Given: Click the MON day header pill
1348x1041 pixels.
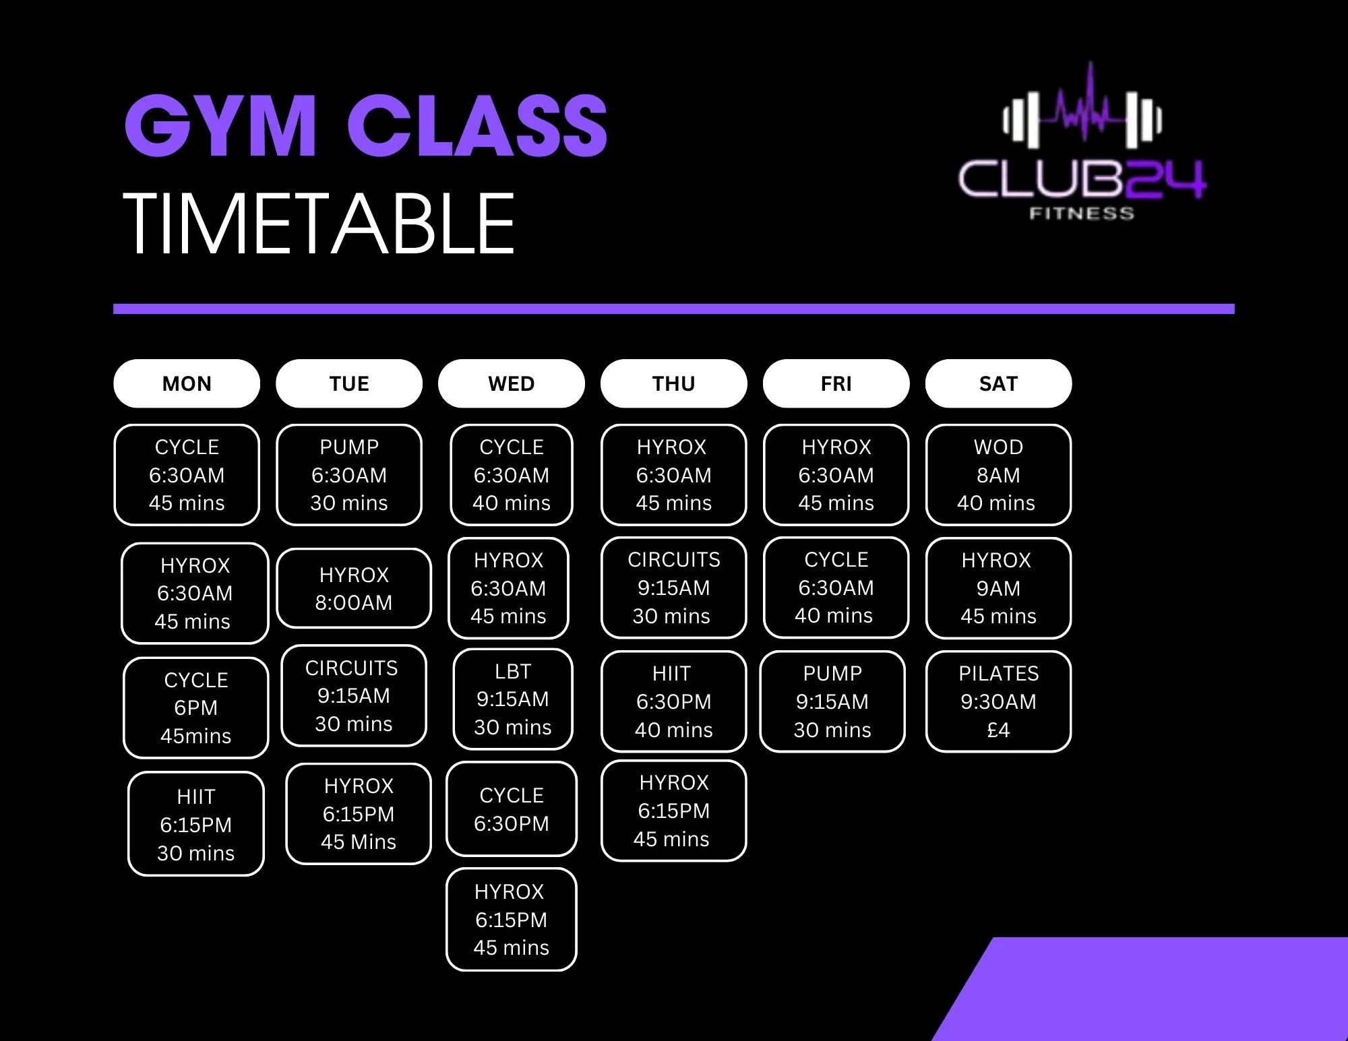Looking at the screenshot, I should [x=187, y=383].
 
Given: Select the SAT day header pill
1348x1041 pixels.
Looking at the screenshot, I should [x=998, y=383].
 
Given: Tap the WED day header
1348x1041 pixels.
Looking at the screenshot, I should [x=511, y=383].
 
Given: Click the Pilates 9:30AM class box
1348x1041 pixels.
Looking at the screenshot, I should [x=998, y=701].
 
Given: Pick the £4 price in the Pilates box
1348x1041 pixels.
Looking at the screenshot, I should [x=998, y=730].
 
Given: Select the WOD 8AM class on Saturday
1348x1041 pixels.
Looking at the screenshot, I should [x=998, y=474].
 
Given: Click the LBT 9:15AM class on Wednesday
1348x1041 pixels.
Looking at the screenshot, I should [x=512, y=699].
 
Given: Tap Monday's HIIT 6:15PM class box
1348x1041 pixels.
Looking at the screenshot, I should [x=196, y=824].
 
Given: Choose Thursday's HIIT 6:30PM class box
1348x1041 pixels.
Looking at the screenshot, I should [x=673, y=701].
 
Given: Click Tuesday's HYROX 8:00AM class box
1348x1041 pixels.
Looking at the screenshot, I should [x=354, y=588].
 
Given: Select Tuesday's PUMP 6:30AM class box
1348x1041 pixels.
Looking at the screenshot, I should [x=349, y=474].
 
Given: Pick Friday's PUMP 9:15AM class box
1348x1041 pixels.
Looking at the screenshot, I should [x=832, y=701].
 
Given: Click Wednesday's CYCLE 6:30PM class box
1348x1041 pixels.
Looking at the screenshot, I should [x=512, y=809].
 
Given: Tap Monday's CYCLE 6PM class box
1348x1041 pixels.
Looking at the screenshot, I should [x=196, y=707].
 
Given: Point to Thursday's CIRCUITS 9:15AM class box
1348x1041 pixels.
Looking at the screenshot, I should [x=673, y=588].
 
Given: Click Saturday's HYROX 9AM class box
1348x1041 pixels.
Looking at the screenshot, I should [x=998, y=588].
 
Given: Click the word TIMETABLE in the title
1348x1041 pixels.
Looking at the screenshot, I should [x=319, y=224].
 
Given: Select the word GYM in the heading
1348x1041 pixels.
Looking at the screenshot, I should [x=220, y=126].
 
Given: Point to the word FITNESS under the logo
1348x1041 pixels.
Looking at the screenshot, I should [x=1081, y=214].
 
